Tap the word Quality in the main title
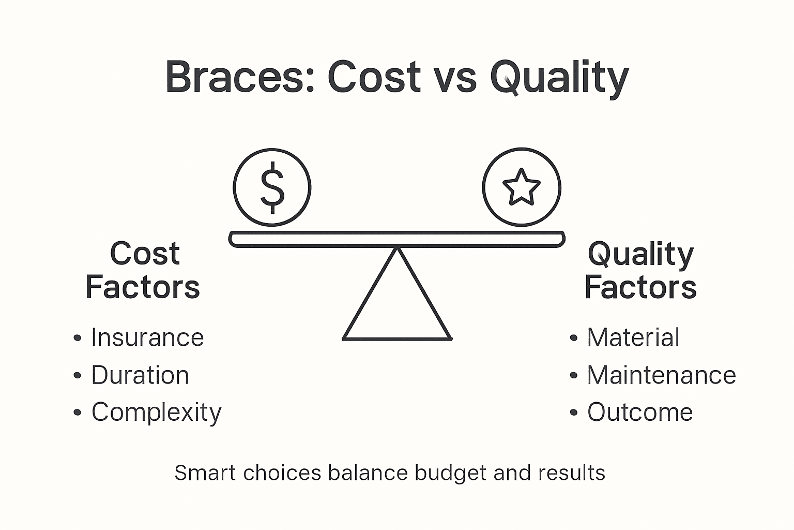tap(559, 78)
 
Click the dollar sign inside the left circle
tap(272, 187)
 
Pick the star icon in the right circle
tap(521, 187)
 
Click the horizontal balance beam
tap(397, 239)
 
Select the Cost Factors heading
tap(143, 270)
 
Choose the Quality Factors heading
tap(640, 270)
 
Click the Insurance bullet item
tap(147, 338)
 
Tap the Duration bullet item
tap(140, 375)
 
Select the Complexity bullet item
tap(156, 413)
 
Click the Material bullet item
tap(633, 338)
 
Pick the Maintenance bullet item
tap(661, 375)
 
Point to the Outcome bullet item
tap(639, 413)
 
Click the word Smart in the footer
tap(205, 473)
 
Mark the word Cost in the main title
tap(374, 77)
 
